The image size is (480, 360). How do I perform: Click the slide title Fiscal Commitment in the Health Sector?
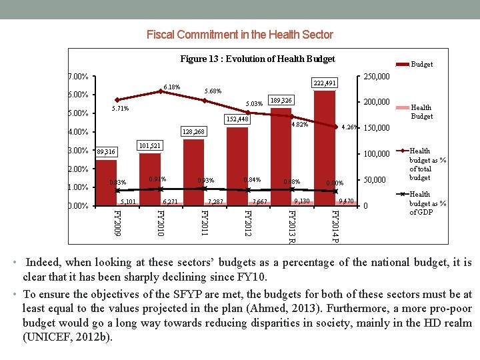[x=239, y=34]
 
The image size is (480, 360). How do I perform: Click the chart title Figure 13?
[x=257, y=59]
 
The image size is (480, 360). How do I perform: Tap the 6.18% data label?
[x=171, y=87]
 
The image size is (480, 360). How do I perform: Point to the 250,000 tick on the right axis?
[x=375, y=77]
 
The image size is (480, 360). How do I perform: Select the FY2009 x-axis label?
[x=117, y=223]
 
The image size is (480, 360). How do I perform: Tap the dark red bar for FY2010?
[x=150, y=179]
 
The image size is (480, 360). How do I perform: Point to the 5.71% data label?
[x=120, y=108]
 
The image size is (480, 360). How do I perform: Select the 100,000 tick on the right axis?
[x=375, y=154]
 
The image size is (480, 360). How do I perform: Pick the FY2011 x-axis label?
[x=204, y=223]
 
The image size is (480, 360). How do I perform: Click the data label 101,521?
[x=149, y=146]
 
